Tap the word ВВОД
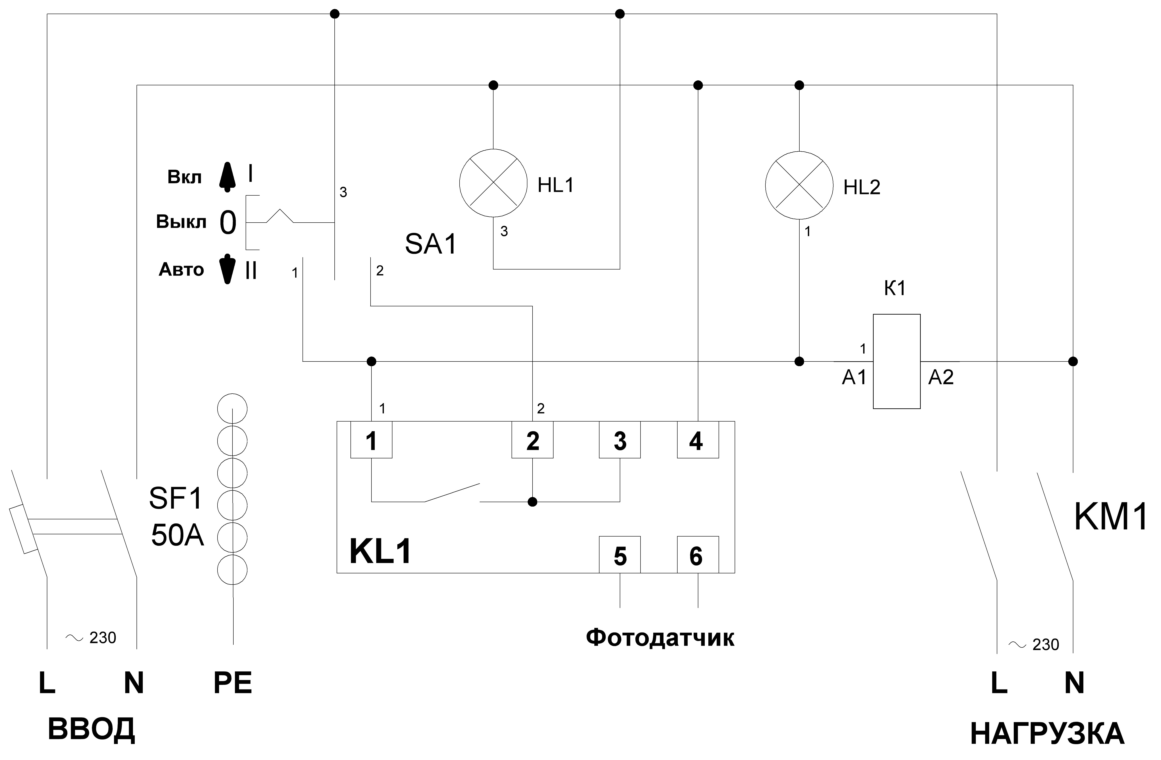[x=91, y=729]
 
